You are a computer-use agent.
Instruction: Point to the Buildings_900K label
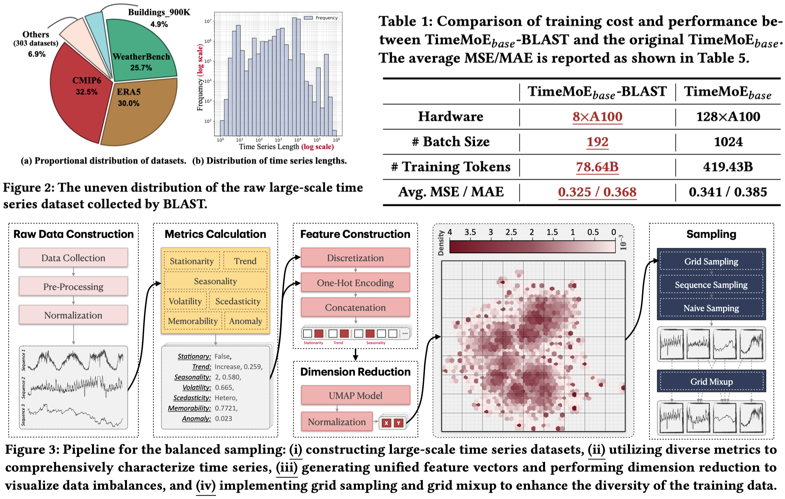tap(159, 12)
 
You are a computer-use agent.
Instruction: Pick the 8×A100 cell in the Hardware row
tap(597, 117)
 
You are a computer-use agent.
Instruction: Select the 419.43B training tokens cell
tap(728, 167)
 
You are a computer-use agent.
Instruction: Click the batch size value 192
tap(597, 142)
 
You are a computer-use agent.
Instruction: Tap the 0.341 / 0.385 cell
tap(728, 192)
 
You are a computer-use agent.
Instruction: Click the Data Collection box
tap(73, 258)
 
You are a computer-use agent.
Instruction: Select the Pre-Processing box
tap(73, 287)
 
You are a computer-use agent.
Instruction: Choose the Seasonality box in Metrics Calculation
tap(215, 281)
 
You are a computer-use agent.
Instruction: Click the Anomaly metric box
tap(245, 321)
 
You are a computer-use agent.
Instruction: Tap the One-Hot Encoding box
tap(355, 283)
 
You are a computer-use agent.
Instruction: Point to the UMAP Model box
tap(355, 396)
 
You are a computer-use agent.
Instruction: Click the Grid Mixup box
tap(711, 382)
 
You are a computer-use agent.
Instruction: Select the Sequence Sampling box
tap(711, 285)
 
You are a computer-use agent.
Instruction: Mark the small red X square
tap(386, 423)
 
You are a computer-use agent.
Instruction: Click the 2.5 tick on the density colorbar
tap(511, 232)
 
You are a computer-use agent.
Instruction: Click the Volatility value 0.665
tap(224, 388)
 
